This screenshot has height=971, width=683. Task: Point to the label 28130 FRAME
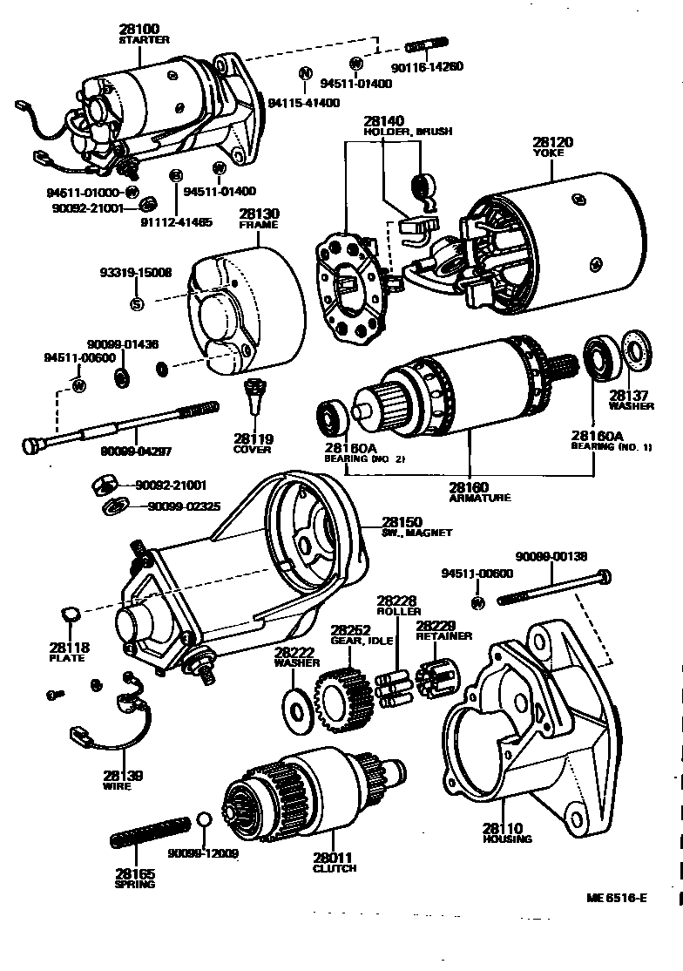[x=259, y=219]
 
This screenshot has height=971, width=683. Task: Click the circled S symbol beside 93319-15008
[x=136, y=303]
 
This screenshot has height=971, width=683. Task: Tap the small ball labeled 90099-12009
[x=204, y=821]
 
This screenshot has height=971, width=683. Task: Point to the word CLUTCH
[x=335, y=868]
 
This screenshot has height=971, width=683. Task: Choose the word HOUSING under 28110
[x=507, y=839]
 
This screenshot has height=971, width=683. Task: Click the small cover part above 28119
[x=253, y=398]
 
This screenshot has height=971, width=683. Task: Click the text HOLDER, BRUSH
[x=408, y=132]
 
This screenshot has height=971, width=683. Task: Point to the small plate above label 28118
[x=71, y=615]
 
